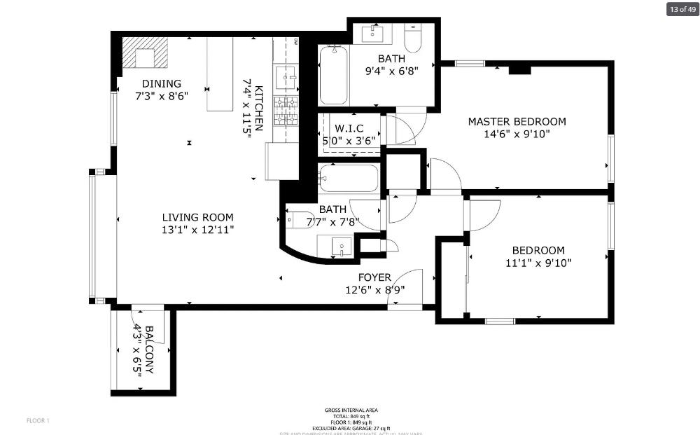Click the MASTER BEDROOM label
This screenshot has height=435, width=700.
[x=517, y=121]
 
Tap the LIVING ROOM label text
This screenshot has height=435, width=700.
[x=198, y=217]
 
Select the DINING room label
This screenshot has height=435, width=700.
[x=162, y=83]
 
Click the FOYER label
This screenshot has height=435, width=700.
[x=374, y=277]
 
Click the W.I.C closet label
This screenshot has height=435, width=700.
[x=349, y=127]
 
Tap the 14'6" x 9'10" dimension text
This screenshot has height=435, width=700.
[x=517, y=134]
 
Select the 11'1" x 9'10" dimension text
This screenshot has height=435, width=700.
[x=538, y=263]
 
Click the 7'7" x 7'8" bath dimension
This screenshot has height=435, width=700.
[x=332, y=222]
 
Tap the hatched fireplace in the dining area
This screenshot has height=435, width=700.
[x=146, y=53]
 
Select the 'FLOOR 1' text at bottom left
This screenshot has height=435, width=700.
[x=38, y=420]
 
